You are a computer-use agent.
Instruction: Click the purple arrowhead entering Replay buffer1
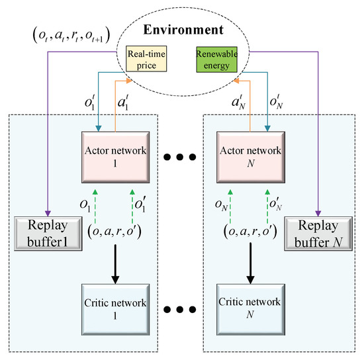[x=45, y=210]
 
